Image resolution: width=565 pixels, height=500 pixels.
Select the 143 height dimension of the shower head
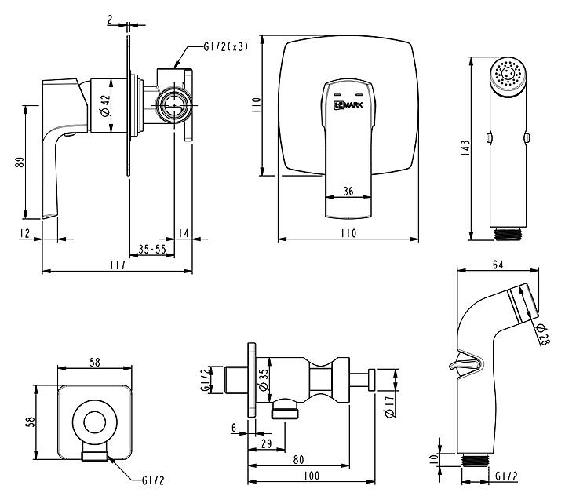(465, 147)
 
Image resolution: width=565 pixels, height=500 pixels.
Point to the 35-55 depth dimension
(151, 249)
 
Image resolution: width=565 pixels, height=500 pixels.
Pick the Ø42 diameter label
(104, 103)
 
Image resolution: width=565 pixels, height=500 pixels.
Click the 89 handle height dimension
(20, 162)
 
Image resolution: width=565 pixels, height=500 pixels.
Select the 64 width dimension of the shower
(497, 265)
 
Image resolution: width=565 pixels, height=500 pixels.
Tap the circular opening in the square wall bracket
(92, 422)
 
